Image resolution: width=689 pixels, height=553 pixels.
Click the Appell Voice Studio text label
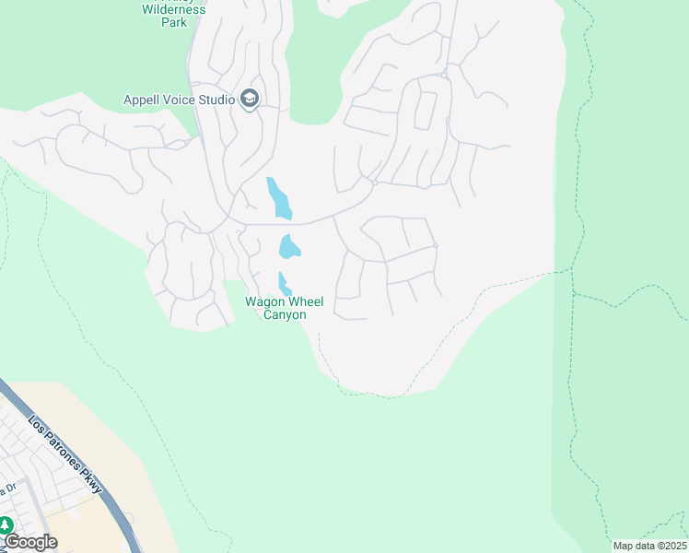coord(180,100)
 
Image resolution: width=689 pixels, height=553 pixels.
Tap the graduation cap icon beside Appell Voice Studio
coord(249,99)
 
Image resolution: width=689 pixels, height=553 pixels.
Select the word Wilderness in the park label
coord(174,9)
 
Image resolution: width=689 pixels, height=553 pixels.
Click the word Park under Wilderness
coord(174,22)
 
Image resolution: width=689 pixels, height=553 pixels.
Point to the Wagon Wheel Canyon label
coord(284,308)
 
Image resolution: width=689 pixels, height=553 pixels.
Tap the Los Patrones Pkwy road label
coord(65,453)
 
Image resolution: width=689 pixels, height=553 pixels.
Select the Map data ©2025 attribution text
coord(649,546)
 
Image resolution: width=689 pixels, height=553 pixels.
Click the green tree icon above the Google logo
coord(6,525)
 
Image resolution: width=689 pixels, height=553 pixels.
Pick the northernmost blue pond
coord(278,198)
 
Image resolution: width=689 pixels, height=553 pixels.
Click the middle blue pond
coord(289,247)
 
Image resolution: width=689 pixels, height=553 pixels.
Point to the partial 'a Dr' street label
coord(8,488)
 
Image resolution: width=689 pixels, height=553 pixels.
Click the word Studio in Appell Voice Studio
coord(216,100)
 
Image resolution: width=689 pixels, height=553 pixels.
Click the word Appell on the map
coord(143,100)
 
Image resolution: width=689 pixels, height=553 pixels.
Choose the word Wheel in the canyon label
coord(306,301)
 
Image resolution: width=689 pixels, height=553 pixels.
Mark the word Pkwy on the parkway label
coord(92,482)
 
